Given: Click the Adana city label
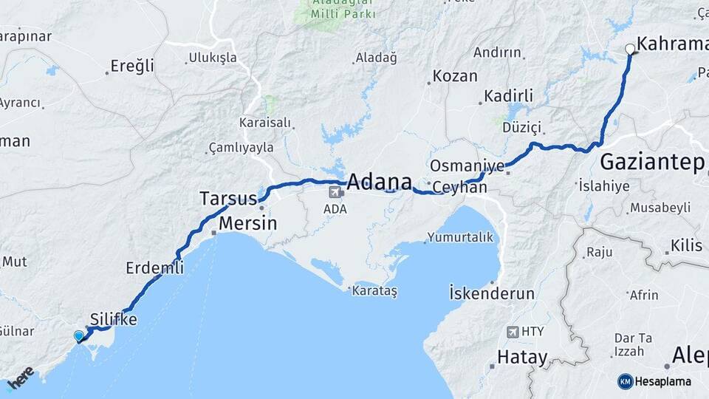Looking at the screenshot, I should tap(379, 182).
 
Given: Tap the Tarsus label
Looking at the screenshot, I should tap(227, 198).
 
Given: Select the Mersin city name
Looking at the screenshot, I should tap(247, 223).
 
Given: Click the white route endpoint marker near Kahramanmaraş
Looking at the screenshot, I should tap(630, 50).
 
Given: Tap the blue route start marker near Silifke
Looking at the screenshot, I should tap(79, 336).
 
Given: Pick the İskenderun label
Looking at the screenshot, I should tap(491, 293).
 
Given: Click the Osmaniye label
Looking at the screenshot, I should tap(467, 166).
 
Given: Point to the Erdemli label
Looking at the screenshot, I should tap(154, 267).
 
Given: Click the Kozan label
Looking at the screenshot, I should tap(455, 76).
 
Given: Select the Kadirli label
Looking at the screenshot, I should tap(508, 96).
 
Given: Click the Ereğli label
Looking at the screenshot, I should tap(132, 66).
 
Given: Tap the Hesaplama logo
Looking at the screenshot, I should tap(654, 381).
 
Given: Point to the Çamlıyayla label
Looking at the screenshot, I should tap(242, 148).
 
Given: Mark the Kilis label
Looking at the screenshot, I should tap(688, 245).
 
